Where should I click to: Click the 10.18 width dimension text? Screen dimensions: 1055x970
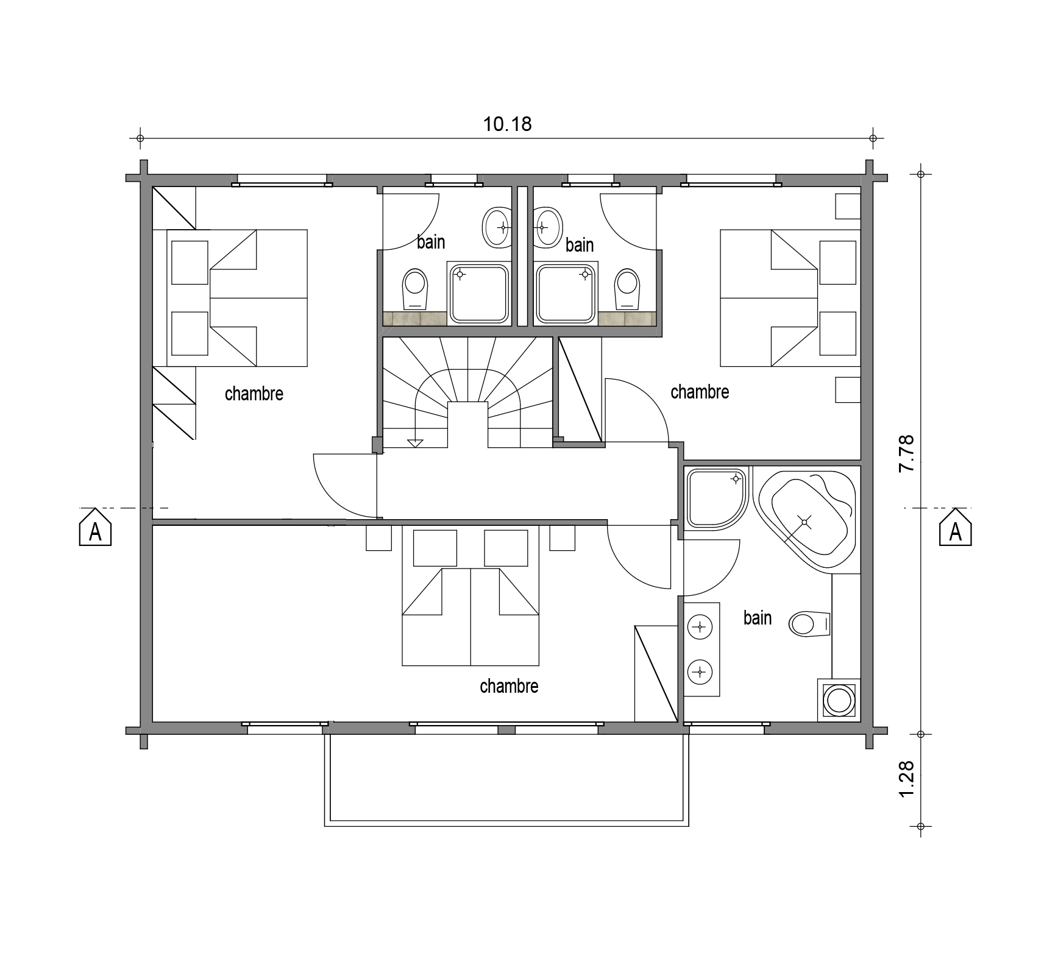click(x=507, y=124)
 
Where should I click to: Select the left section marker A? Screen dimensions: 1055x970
click(x=95, y=528)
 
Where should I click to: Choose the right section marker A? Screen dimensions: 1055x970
click(x=955, y=528)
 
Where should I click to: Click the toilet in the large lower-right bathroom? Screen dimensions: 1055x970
click(x=810, y=624)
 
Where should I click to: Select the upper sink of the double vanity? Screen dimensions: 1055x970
click(x=701, y=626)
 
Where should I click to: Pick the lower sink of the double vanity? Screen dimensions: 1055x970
click(x=701, y=672)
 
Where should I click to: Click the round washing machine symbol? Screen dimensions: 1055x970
click(x=839, y=699)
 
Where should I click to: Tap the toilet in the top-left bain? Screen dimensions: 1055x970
click(x=416, y=289)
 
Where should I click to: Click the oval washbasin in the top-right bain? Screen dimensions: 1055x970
click(x=547, y=227)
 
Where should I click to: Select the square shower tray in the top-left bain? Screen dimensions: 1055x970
click(x=479, y=293)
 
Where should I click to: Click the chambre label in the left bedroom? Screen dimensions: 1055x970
click(x=254, y=394)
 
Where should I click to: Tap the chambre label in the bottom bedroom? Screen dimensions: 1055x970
click(x=509, y=686)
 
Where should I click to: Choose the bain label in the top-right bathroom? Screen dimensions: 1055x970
click(x=580, y=245)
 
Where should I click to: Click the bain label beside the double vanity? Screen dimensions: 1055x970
click(x=758, y=618)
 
